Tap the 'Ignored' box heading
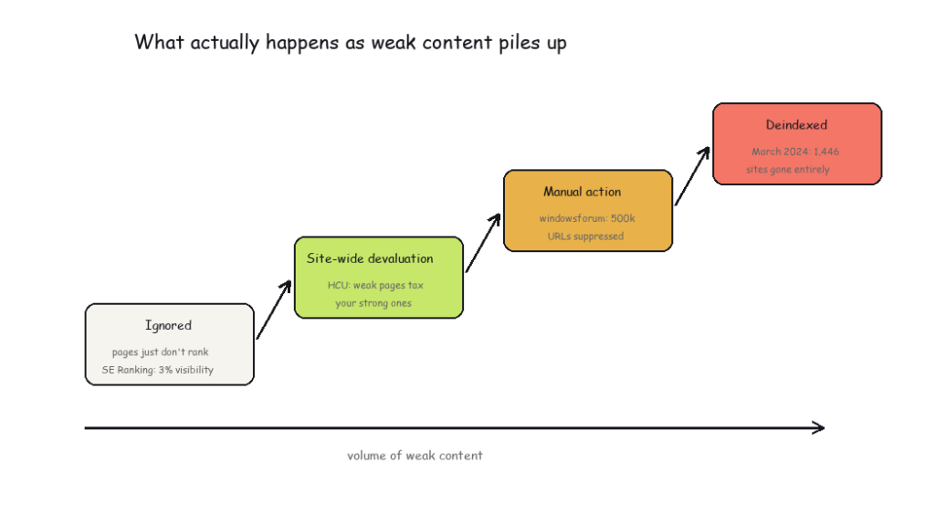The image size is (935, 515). pos(168,325)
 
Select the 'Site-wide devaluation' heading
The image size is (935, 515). pos(370,258)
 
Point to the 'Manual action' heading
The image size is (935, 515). pos(582,192)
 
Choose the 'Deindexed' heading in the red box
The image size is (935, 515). pos(796,124)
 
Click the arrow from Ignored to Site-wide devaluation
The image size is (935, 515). pos(274,310)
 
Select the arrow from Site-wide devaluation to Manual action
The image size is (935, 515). pos(483,243)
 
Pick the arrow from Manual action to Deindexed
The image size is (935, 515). pos(692,176)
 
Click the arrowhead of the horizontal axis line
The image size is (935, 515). pos(818,427)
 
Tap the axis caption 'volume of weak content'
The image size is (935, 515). pos(415,456)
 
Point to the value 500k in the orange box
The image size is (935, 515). pos(623,218)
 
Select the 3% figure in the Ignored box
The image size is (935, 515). pos(165,370)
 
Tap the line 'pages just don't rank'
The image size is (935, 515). pos(161,352)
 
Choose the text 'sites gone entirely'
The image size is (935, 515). pos(788,169)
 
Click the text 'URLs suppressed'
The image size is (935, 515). pos(585,236)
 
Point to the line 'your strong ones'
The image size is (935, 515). pos(373,303)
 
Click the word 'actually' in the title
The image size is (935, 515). pos(225,43)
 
